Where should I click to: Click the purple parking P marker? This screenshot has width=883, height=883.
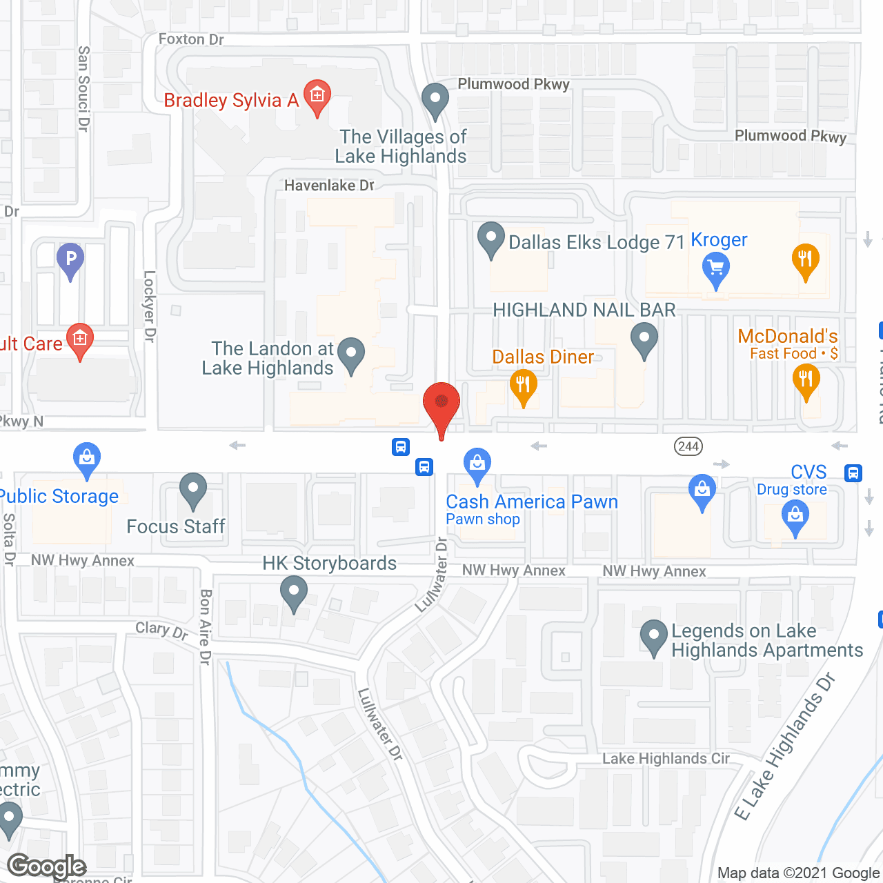[x=70, y=259]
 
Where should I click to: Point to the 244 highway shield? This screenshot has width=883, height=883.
[x=688, y=446]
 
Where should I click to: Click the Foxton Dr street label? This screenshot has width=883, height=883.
[x=191, y=39]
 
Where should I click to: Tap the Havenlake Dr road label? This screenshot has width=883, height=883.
[x=329, y=186]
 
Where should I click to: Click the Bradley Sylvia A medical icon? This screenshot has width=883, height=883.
[x=317, y=96]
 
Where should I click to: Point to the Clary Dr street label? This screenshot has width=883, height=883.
[x=161, y=630]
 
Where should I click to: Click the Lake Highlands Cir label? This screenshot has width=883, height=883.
[x=666, y=759]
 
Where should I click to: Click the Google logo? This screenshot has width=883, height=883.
[x=47, y=866]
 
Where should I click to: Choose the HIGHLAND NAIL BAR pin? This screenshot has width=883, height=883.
[x=644, y=340]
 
